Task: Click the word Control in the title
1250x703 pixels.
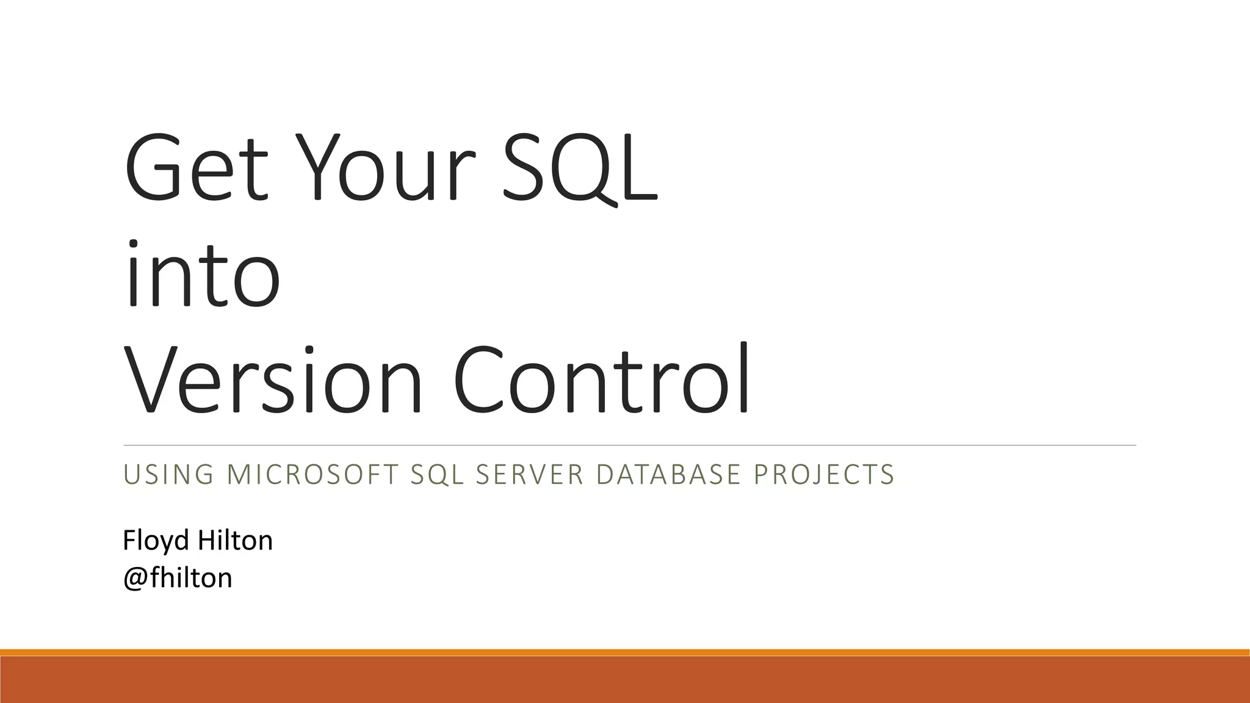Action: (x=601, y=380)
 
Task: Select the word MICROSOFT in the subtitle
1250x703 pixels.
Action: (x=312, y=475)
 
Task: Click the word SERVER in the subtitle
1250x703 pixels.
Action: (x=530, y=475)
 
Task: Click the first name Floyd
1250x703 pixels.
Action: (x=155, y=541)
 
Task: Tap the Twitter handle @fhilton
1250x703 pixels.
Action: (x=178, y=577)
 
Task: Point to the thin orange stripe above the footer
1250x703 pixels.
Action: (x=625, y=652)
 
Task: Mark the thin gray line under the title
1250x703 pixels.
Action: (x=629, y=445)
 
